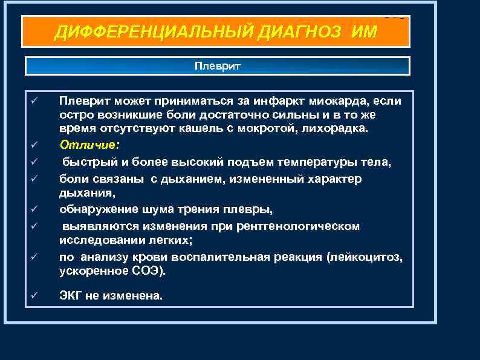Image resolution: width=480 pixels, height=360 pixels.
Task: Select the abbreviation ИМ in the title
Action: click(362, 31)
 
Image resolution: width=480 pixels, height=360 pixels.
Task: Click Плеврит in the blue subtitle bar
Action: click(217, 65)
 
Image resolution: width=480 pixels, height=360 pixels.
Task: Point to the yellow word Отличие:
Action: click(89, 145)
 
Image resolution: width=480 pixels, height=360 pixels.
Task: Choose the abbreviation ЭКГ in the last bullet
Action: click(71, 296)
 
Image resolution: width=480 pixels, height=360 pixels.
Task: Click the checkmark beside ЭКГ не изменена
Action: click(35, 295)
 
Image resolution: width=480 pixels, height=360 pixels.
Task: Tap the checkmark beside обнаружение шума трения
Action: click(35, 209)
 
